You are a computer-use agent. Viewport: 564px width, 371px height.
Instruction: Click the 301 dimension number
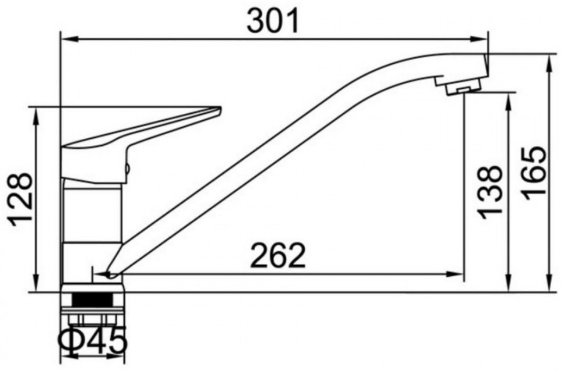pyautogui.click(x=272, y=22)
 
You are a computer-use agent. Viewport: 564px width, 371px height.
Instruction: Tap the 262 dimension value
pyautogui.click(x=278, y=256)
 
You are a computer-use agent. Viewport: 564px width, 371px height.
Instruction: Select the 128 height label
pyautogui.click(x=21, y=199)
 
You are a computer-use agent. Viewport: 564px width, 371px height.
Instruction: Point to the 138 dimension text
pyautogui.click(x=490, y=192)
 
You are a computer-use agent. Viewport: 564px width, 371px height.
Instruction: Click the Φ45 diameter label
pyautogui.click(x=93, y=340)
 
